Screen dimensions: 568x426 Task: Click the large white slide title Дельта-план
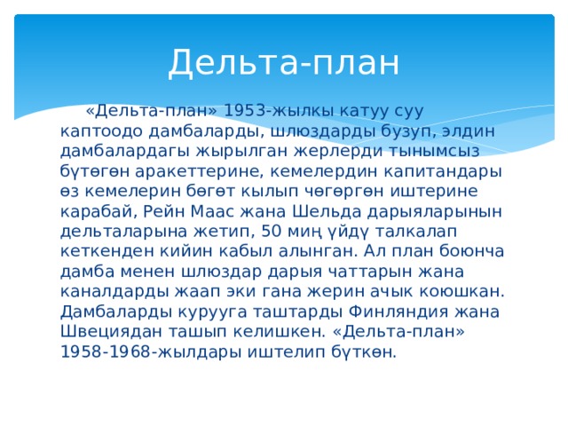click(284, 62)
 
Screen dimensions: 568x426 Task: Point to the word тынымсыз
click(434, 151)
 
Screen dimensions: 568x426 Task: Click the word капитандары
click(443, 171)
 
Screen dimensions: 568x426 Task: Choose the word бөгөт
click(209, 191)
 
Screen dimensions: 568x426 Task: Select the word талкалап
click(416, 232)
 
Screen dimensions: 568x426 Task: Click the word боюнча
click(471, 251)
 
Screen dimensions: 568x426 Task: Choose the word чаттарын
click(370, 272)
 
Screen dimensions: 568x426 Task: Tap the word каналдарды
click(114, 292)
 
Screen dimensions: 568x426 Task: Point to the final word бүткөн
click(364, 352)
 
